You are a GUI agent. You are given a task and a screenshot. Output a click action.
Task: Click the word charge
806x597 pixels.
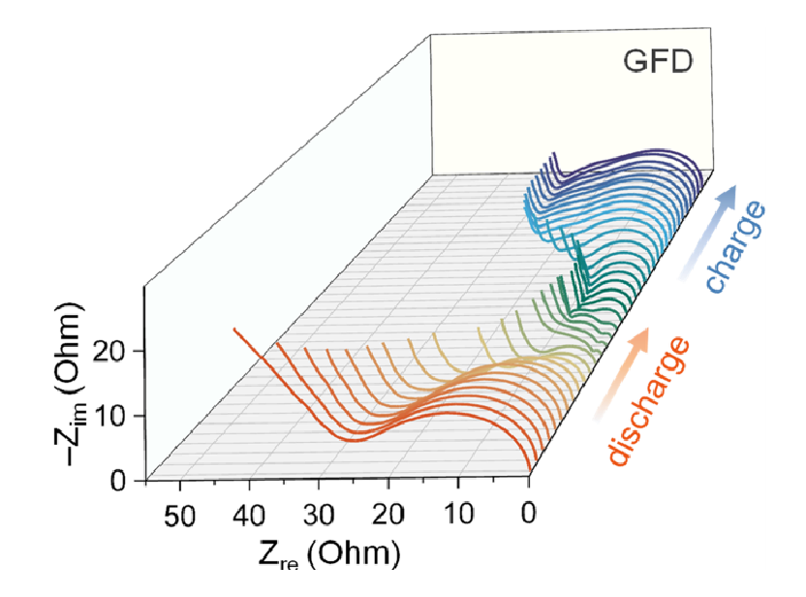click(x=736, y=247)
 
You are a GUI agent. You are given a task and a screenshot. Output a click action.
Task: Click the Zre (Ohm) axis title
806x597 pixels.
click(x=328, y=555)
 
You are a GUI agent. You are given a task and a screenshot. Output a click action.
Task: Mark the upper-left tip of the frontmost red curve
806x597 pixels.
click(x=234, y=329)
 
